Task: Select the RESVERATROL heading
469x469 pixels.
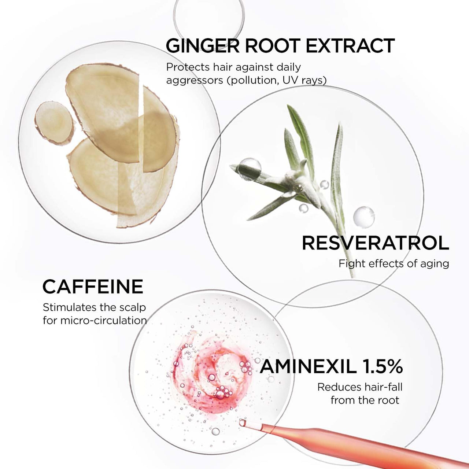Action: tap(375, 243)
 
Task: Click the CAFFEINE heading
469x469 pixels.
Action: tap(93, 287)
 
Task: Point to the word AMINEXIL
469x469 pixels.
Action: tap(308, 366)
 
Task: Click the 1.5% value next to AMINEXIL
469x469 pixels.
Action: tap(382, 366)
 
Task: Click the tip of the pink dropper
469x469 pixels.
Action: tap(243, 423)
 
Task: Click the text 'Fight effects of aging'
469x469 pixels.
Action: tap(394, 263)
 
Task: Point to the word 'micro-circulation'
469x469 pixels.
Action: tap(103, 321)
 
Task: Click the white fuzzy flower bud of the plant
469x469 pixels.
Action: tap(304, 181)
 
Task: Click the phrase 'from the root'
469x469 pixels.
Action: tap(365, 400)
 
